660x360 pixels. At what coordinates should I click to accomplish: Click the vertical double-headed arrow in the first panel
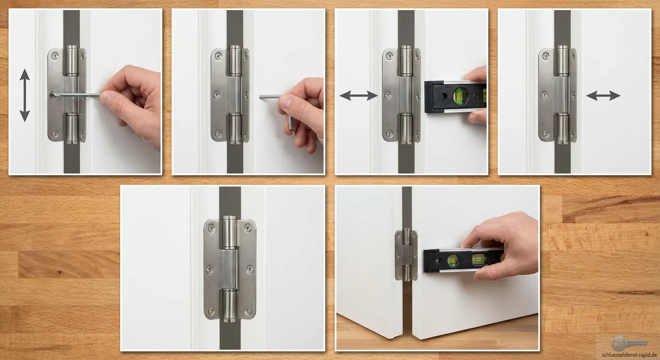click(25, 95)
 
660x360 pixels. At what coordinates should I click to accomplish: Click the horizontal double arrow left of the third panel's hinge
click(359, 96)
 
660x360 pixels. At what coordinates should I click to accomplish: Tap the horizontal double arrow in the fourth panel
click(603, 96)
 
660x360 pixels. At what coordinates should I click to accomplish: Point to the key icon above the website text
click(629, 344)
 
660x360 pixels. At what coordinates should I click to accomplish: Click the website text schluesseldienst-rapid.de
click(630, 355)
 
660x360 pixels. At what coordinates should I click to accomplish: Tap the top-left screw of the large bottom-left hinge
click(211, 228)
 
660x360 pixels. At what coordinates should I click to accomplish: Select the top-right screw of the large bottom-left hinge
click(248, 228)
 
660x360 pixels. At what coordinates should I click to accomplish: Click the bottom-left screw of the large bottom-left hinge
click(211, 310)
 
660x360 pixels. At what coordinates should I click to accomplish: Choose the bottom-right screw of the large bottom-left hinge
click(248, 310)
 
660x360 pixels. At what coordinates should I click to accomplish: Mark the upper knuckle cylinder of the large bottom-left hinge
click(230, 232)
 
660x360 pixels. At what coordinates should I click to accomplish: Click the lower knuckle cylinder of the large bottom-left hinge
click(230, 306)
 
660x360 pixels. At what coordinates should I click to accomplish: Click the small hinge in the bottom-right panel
click(406, 255)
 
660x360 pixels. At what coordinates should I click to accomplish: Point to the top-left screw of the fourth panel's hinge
click(546, 55)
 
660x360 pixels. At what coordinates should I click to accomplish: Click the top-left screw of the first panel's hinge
click(55, 55)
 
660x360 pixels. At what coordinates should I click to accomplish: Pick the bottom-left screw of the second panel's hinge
click(218, 134)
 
